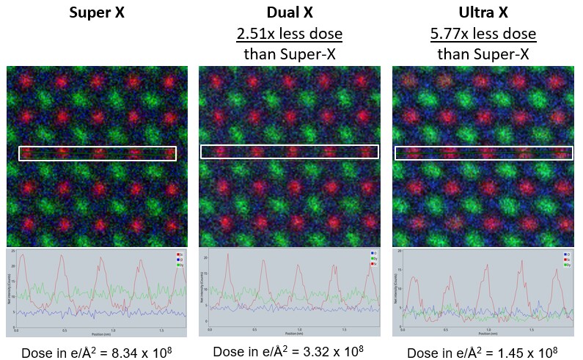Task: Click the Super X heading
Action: click(97, 13)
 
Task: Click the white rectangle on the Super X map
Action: click(97, 153)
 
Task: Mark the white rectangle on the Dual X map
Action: click(290, 151)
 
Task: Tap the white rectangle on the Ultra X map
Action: click(484, 153)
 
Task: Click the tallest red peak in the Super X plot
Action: click(23, 256)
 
